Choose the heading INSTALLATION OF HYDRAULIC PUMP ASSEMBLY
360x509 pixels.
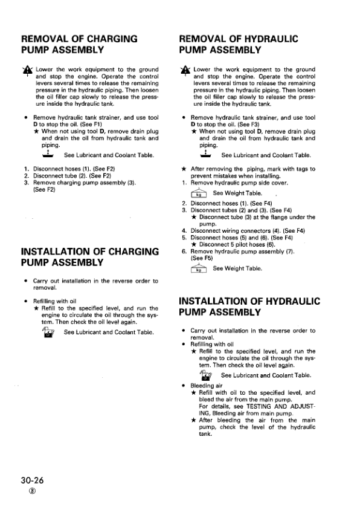tap(250, 306)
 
